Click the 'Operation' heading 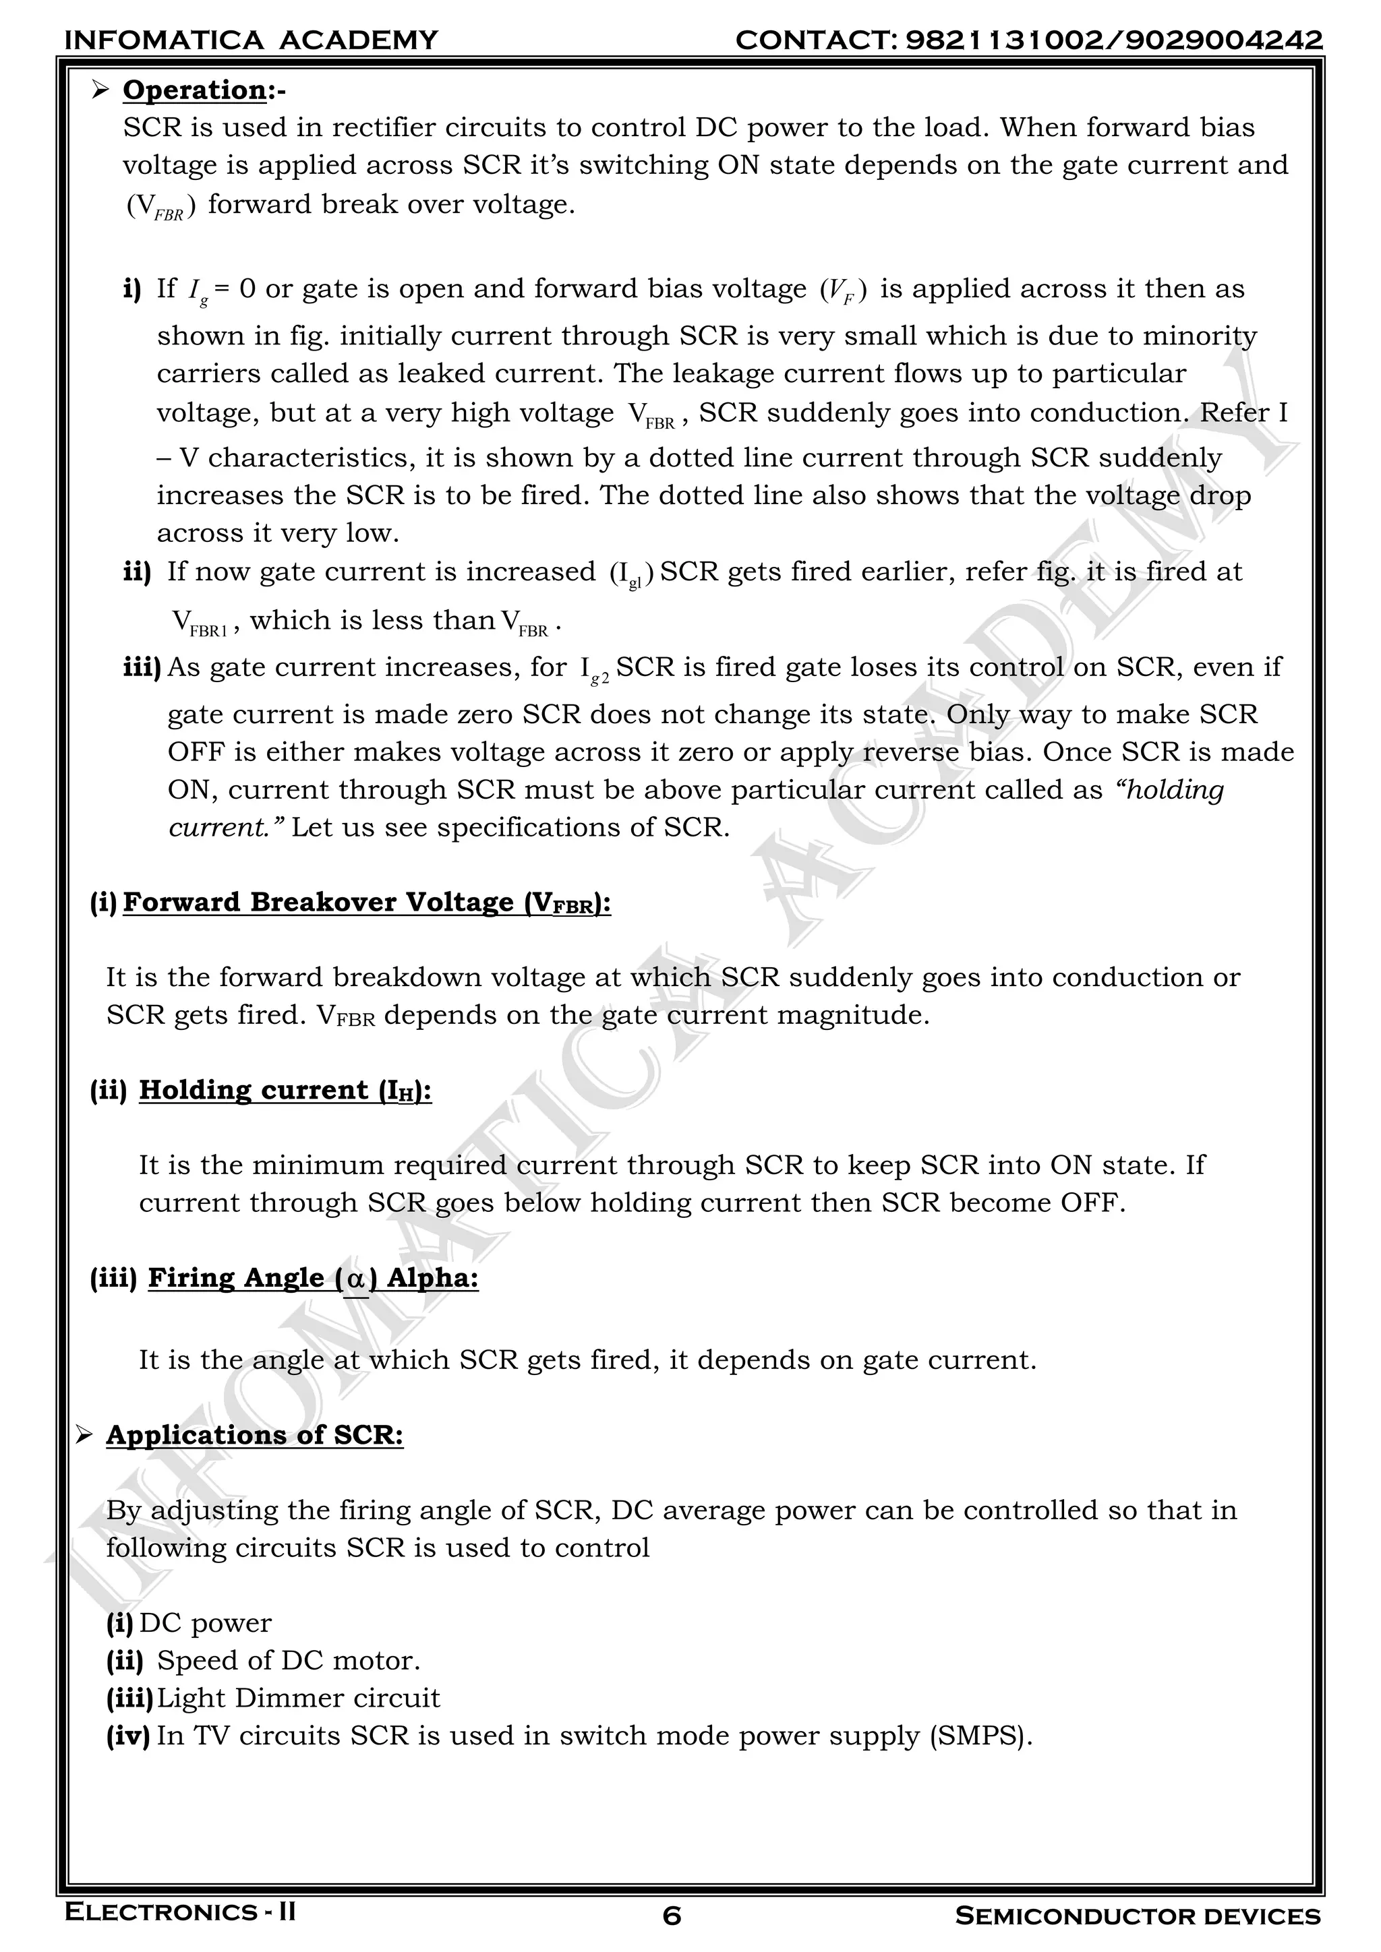tap(195, 90)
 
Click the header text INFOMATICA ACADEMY tap(251, 40)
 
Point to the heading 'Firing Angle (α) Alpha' tap(313, 1278)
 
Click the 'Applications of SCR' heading tap(254, 1435)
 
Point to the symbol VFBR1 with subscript tap(201, 623)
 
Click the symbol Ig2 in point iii tap(594, 670)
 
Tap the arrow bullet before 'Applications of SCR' tap(84, 1436)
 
